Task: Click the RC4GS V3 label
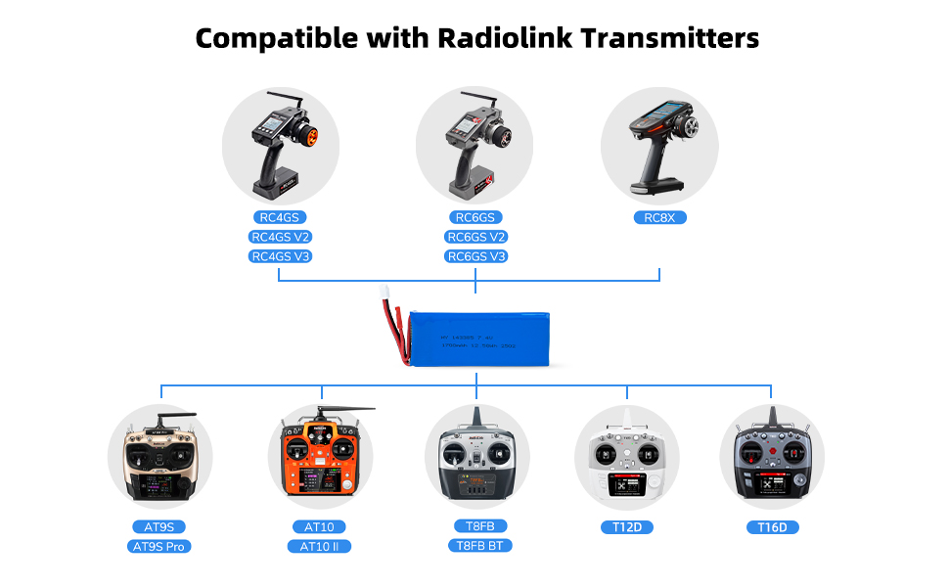pos(281,256)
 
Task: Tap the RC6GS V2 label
pos(476,237)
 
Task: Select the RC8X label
pos(658,217)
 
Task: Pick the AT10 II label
pos(319,546)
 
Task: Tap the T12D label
pos(626,527)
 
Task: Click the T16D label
pos(772,527)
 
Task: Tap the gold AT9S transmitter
pos(159,460)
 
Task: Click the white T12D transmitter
pos(626,460)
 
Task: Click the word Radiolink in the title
pos(494,38)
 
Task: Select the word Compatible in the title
pos(277,38)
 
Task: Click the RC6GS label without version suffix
pos(476,217)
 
